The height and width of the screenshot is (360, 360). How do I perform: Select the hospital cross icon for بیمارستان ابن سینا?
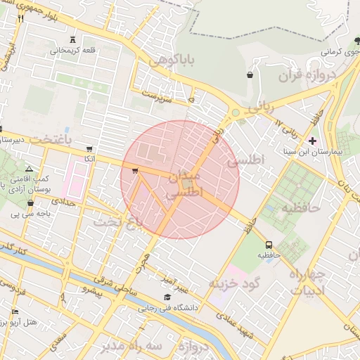coord(313,141)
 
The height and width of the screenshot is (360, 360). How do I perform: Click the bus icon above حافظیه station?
coord(269,245)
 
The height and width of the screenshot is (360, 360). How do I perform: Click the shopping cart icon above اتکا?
coord(89,149)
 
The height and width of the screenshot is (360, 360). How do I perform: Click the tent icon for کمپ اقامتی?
coord(29,169)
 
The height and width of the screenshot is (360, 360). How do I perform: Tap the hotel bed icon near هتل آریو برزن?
coord(15,311)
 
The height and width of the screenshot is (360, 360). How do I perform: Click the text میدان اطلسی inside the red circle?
coord(185,184)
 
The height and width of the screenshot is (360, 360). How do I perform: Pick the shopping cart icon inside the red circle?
coord(134,171)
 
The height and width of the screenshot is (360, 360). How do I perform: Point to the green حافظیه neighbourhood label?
coord(302,208)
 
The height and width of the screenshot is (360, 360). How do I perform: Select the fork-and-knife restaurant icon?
coord(20,18)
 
